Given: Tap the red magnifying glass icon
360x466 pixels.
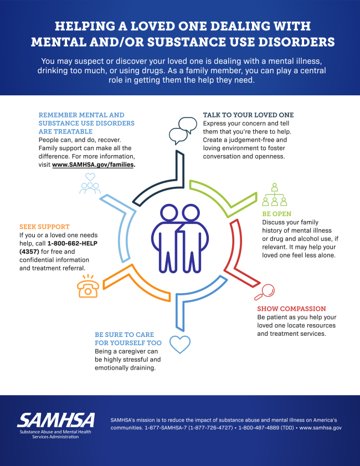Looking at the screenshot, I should [267, 290].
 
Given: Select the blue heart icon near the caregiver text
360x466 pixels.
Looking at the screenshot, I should [179, 344].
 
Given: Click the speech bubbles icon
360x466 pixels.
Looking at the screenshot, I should [182, 131].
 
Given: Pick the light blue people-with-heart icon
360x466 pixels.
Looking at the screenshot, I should [90, 183].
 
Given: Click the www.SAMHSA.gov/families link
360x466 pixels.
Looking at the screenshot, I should [94, 165].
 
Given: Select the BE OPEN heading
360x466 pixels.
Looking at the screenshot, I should [276, 213].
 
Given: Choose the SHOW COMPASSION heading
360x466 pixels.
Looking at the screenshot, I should [291, 309].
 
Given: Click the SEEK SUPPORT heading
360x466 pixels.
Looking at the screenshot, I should [44, 227].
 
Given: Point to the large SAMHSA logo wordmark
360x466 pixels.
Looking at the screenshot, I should [56, 420].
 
